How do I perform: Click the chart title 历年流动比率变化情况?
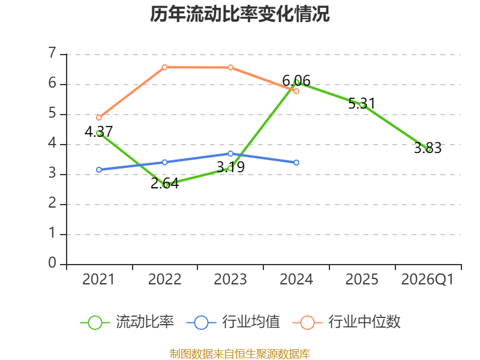239,14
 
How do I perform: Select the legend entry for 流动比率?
127,322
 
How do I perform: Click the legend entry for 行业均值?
233,322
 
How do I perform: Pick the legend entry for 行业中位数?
346,322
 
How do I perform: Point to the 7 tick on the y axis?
53,53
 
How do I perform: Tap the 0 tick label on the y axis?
53,263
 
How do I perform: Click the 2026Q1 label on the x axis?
427,280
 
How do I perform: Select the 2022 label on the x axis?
164,280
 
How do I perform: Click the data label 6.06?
296,81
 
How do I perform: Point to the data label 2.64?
164,184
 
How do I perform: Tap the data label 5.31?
362,103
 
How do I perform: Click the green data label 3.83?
428,148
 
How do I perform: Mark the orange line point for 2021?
99,118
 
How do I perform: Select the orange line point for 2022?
164,67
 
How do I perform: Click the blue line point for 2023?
230,154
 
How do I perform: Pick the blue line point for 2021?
99,170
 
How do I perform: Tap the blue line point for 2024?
296,163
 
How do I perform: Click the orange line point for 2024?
296,91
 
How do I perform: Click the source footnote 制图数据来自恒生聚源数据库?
240,354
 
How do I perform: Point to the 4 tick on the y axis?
53,143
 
